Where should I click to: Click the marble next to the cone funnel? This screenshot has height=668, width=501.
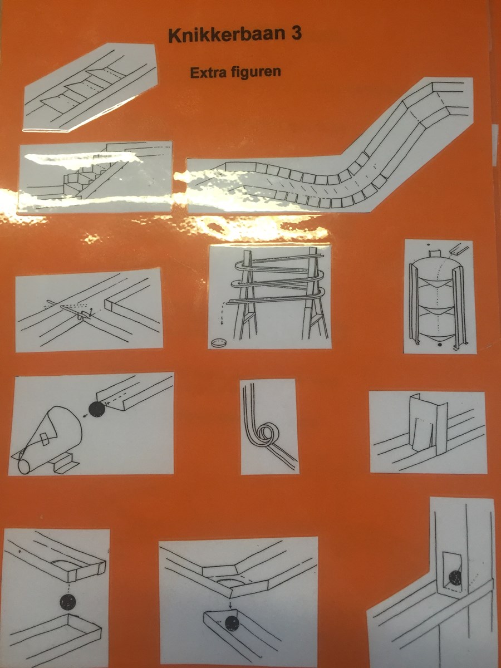[96, 409]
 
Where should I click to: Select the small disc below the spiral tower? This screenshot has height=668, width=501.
[219, 343]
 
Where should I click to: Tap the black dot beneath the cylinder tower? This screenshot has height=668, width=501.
[439, 345]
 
